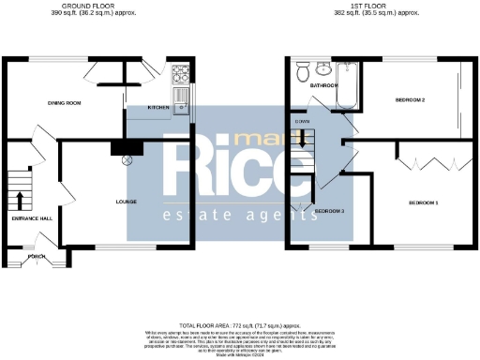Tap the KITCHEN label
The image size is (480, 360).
(158, 108)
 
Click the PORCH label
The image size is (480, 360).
(37, 256)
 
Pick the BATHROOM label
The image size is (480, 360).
(324, 85)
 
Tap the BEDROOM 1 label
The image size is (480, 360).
(423, 202)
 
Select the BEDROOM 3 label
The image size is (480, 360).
(330, 211)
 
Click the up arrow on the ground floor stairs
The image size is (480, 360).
(20, 199)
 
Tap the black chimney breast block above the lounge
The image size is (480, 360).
(124, 146)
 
